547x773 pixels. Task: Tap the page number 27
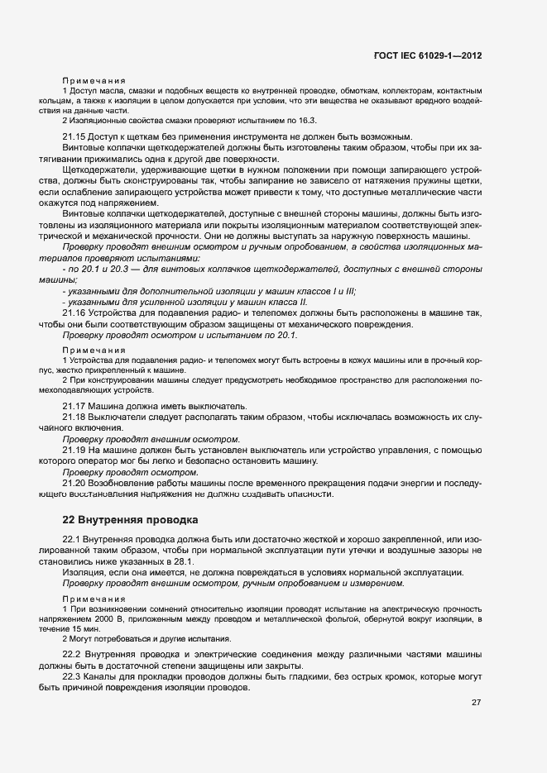click(x=476, y=703)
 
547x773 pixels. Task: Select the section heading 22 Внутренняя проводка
click(x=130, y=520)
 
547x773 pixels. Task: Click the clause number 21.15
click(x=74, y=136)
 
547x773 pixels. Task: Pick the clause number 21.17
click(x=74, y=407)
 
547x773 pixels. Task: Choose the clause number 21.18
click(x=74, y=418)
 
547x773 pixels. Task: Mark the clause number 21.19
click(x=74, y=451)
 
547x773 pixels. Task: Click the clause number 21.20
click(x=74, y=483)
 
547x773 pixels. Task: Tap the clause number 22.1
click(x=73, y=539)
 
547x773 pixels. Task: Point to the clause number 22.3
click(x=73, y=678)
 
